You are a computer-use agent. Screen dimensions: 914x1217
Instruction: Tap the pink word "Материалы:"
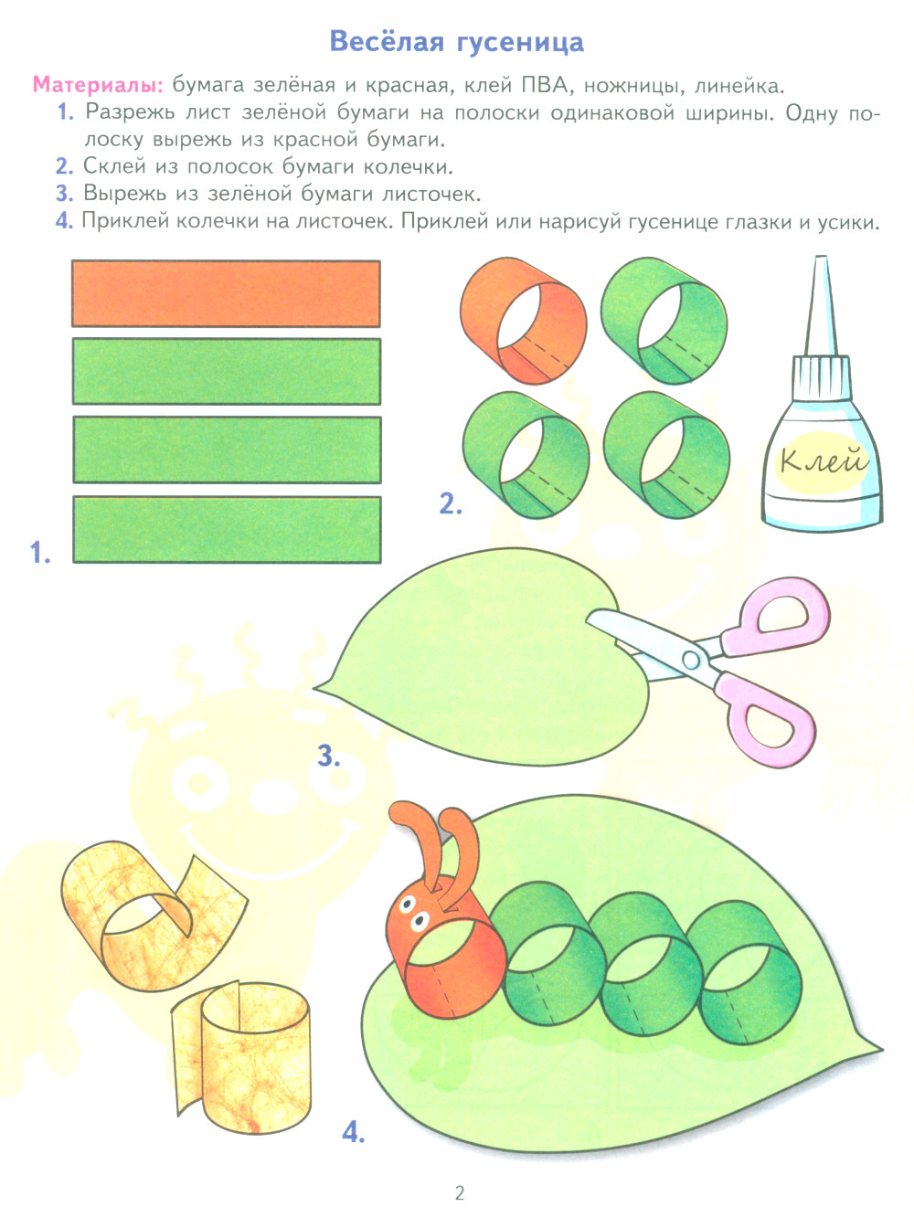99,85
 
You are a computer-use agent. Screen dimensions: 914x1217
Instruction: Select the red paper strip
226,293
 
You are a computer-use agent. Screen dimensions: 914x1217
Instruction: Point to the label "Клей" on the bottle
823,460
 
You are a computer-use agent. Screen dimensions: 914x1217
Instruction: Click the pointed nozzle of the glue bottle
820,305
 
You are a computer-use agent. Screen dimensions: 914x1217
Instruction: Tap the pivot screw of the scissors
691,660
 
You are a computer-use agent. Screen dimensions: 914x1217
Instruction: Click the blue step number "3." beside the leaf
329,756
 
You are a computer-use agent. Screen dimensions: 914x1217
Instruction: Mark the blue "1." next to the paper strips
40,553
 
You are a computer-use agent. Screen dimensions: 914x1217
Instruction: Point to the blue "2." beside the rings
451,504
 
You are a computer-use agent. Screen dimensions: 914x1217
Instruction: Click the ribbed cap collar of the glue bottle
821,378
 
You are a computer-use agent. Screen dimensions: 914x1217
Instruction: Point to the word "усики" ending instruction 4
848,223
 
